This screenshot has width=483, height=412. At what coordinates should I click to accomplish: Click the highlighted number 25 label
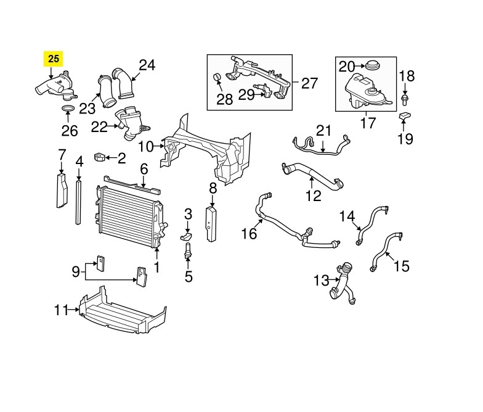point(54,59)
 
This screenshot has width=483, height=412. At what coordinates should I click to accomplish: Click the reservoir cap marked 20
point(372,66)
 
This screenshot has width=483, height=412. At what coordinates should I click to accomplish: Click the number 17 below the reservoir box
point(367,123)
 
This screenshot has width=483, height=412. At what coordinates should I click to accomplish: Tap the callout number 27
point(309,83)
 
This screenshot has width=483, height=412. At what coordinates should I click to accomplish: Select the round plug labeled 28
point(217,77)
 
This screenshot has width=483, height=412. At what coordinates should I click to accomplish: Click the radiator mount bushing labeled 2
point(100,158)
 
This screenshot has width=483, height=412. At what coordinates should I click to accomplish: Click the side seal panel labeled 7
point(61,192)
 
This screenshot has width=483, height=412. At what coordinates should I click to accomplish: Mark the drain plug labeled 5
point(189,254)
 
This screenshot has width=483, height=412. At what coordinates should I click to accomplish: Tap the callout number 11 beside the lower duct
point(61,310)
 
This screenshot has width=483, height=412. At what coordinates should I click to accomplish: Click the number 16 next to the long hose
point(249,234)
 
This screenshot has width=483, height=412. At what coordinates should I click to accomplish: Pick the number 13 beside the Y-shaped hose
point(322,281)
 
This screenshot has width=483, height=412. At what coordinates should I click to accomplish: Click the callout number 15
point(401,266)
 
